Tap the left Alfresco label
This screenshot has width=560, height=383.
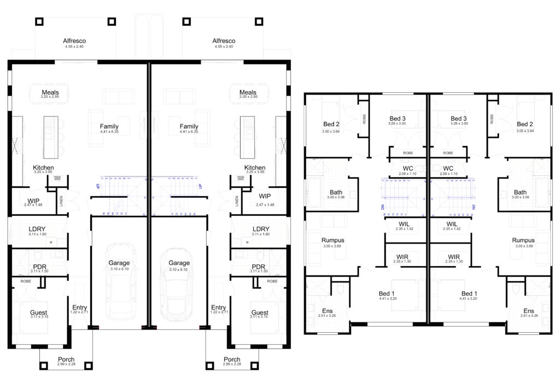(74, 41)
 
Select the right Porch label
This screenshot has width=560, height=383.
(232, 360)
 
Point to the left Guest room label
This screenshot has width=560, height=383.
(38, 313)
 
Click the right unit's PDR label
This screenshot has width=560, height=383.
(259, 267)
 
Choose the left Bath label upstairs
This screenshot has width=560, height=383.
(336, 192)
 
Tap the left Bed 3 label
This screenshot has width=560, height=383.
(398, 119)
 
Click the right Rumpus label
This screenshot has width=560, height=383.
(523, 240)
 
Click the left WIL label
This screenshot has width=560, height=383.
(406, 224)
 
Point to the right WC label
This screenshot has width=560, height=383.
(448, 168)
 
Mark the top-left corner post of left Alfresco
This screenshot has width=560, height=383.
(39, 21)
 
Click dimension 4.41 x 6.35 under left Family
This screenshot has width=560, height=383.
(109, 132)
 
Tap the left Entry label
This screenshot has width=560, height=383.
(79, 308)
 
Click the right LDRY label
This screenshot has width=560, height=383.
(259, 229)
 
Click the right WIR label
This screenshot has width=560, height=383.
(454, 256)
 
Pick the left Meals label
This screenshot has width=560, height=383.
(50, 92)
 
